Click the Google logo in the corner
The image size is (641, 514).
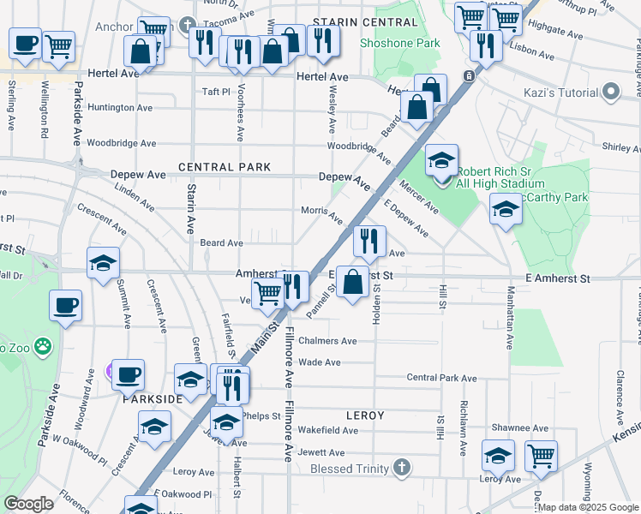click(x=28, y=504)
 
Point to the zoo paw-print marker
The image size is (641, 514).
click(x=43, y=347)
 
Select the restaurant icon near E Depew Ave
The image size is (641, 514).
click(x=368, y=241)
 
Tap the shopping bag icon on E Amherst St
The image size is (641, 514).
click(x=352, y=281)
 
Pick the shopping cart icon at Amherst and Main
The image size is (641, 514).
click(x=268, y=293)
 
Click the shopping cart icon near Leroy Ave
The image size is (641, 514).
click(x=541, y=455)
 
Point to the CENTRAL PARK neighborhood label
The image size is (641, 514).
click(x=225, y=167)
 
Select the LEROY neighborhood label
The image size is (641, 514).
click(x=364, y=415)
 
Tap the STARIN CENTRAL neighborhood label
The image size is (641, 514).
click(x=353, y=21)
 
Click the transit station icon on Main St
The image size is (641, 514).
click(x=469, y=76)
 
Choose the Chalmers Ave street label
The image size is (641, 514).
click(x=326, y=341)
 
